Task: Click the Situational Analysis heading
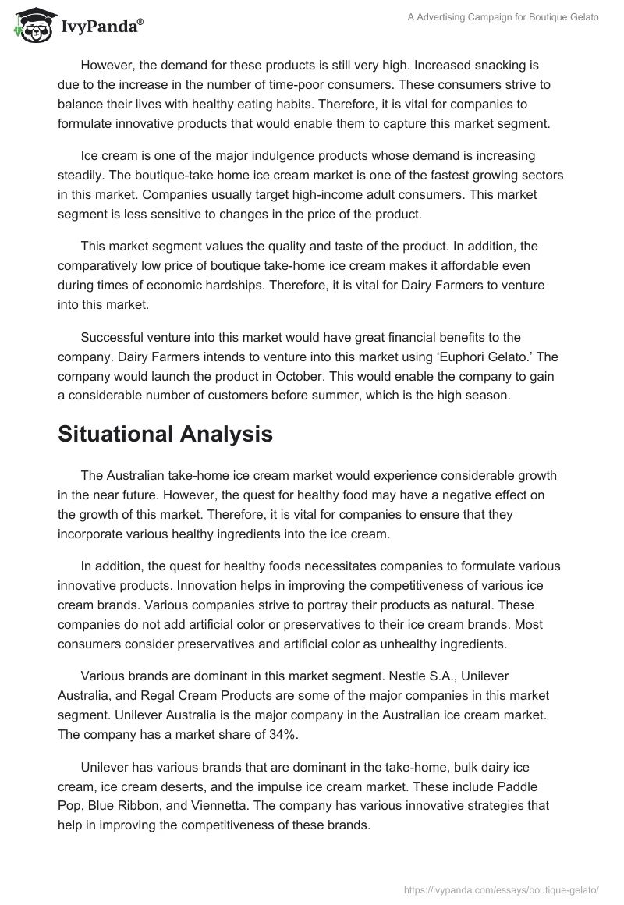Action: tap(165, 435)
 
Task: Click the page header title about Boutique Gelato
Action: tap(502, 17)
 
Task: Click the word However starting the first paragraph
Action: tap(110, 66)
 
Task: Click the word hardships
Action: tap(232, 286)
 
